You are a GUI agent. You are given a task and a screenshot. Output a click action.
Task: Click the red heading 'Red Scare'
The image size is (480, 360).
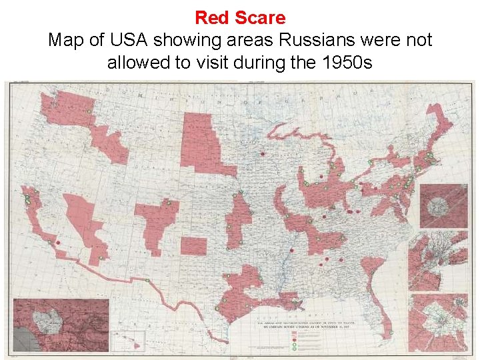[x=240, y=18]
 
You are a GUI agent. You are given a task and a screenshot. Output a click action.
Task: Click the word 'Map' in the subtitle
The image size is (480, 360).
[x=67, y=40]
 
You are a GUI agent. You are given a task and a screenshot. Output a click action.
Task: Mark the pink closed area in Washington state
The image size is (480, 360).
[x=63, y=110]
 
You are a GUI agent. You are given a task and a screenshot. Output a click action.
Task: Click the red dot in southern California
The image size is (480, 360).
[x=58, y=242]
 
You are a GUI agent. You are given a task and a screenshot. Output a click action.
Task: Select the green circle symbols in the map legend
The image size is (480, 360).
[x=294, y=339]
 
